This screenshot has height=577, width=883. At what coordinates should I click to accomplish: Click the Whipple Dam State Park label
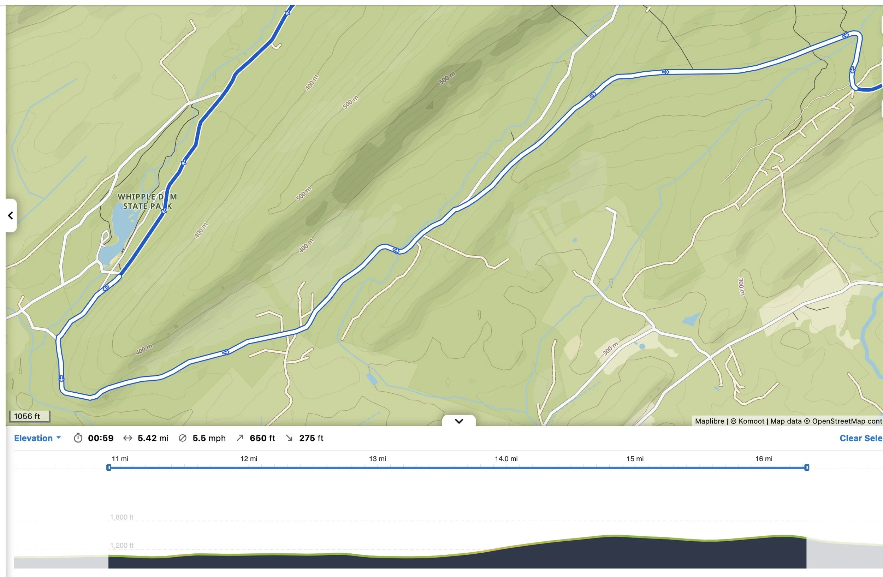(147, 201)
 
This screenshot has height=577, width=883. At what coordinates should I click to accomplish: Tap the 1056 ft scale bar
(29, 416)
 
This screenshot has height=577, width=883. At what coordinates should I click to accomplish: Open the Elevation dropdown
(37, 438)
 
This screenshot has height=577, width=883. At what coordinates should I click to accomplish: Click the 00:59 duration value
(101, 438)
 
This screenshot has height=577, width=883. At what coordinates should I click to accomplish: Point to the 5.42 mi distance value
(153, 438)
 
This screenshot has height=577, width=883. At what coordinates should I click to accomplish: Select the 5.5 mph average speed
(209, 438)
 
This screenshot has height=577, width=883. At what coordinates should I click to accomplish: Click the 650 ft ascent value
(262, 438)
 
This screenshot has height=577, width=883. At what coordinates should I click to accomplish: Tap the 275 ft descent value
(311, 438)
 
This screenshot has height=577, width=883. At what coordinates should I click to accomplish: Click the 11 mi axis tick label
(120, 459)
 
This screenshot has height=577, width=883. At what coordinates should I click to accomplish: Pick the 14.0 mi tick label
(506, 459)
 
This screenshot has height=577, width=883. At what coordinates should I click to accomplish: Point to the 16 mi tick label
(764, 459)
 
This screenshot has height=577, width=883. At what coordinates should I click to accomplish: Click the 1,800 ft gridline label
(121, 517)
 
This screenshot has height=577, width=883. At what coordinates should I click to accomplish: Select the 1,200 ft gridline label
(121, 546)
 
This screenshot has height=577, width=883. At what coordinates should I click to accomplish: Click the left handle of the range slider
(109, 468)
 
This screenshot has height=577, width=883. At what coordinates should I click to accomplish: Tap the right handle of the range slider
(807, 468)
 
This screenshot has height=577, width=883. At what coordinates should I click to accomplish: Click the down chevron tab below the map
(459, 421)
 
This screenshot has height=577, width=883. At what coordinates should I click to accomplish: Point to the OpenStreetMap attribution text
(842, 421)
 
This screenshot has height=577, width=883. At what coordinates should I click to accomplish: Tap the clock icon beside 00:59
(78, 438)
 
